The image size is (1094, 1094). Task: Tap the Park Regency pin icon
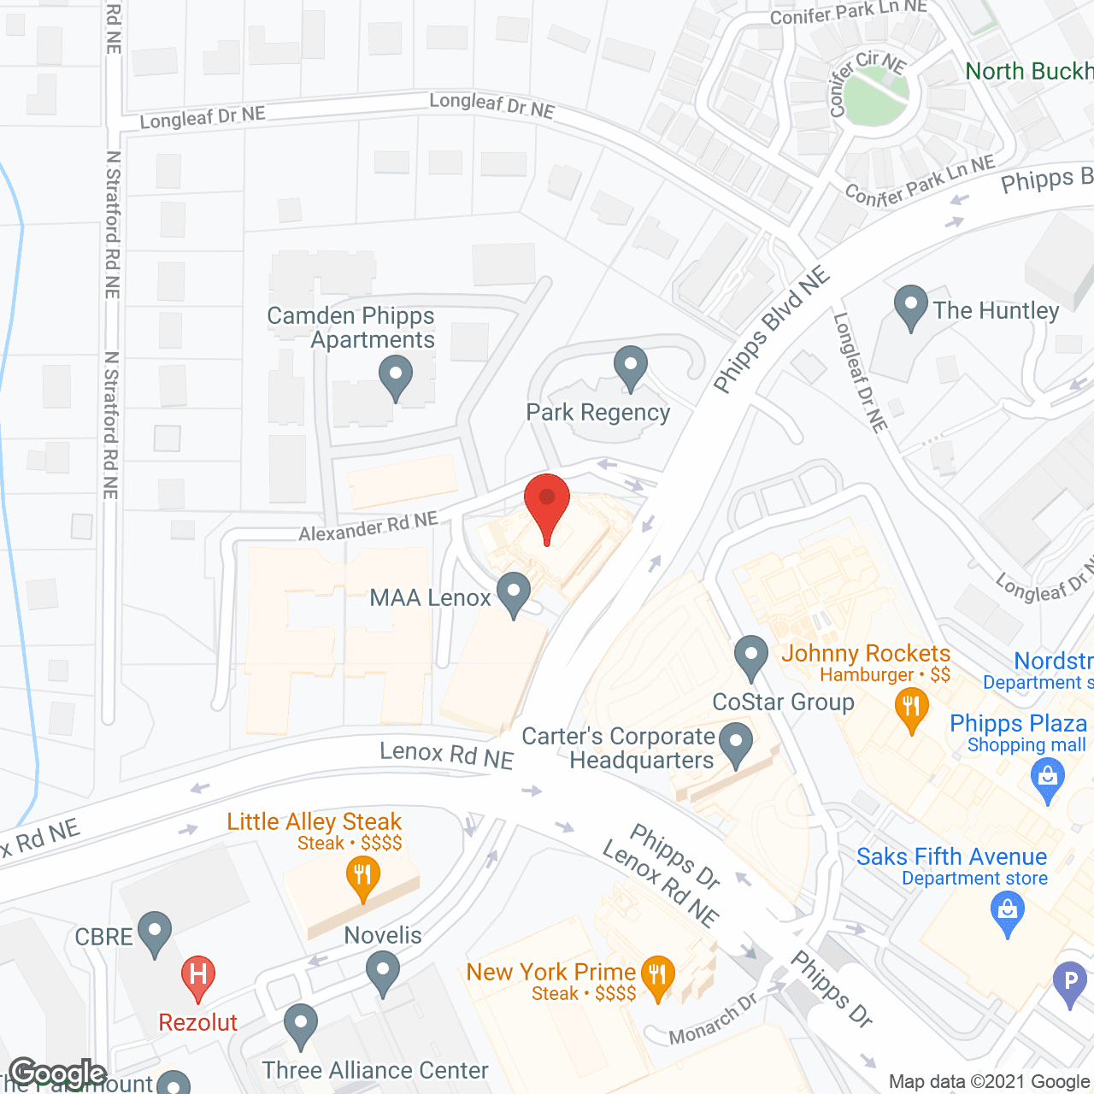click(x=630, y=367)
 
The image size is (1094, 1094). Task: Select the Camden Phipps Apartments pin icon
click(x=395, y=377)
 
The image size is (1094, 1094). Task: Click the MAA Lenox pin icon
click(x=514, y=593)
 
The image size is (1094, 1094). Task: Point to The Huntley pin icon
click(x=910, y=307)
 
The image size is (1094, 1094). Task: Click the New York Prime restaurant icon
click(x=657, y=977)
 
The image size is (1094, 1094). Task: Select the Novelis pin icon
click(x=382, y=973)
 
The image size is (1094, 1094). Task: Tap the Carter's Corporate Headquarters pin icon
click(x=735, y=744)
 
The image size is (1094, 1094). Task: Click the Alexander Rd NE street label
click(x=368, y=526)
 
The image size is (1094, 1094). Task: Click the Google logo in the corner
click(x=58, y=1073)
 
